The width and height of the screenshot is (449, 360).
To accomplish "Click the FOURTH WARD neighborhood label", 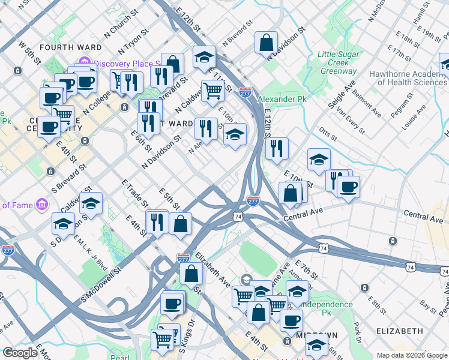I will point(65,47).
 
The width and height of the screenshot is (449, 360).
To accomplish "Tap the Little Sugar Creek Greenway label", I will point(338,62).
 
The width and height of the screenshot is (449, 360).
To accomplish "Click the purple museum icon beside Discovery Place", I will point(83,63).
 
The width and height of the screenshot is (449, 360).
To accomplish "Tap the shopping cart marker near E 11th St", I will point(212,91).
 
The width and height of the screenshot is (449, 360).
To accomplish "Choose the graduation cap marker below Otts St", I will point(319,160).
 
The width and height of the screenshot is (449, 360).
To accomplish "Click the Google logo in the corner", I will point(20,353).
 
